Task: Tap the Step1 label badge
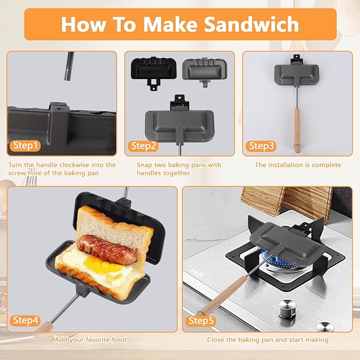click(25, 146)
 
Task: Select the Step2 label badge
click(144, 146)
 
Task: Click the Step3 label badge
click(261, 146)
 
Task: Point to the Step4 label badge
click(25, 320)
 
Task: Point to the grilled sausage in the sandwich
click(101, 247)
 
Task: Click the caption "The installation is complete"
click(297, 165)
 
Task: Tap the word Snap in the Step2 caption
click(146, 165)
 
